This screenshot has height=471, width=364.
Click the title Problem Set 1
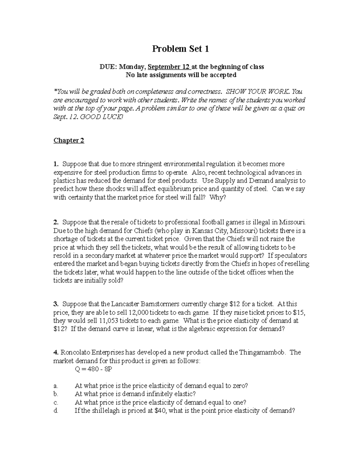click(x=180, y=49)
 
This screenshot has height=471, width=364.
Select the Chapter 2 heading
click(x=69, y=140)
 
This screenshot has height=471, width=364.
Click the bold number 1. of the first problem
click(x=56, y=164)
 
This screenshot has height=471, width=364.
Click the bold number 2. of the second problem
click(x=56, y=222)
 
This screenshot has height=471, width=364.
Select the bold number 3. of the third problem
click(x=56, y=304)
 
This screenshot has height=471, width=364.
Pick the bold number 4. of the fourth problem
click(x=56, y=352)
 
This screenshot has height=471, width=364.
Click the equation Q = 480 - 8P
click(x=93, y=369)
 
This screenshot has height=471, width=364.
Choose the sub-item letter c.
click(x=55, y=402)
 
